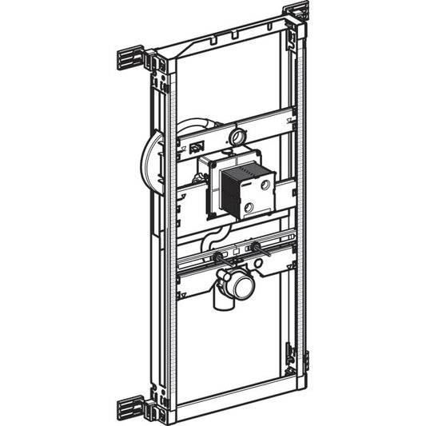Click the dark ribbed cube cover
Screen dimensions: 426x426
coord(237,191)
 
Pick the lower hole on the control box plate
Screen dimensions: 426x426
coord(249,208)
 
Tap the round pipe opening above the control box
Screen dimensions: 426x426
coord(237,136)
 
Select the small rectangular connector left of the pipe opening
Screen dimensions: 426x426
coord(196,146)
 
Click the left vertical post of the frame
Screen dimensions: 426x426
coord(161,240)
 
